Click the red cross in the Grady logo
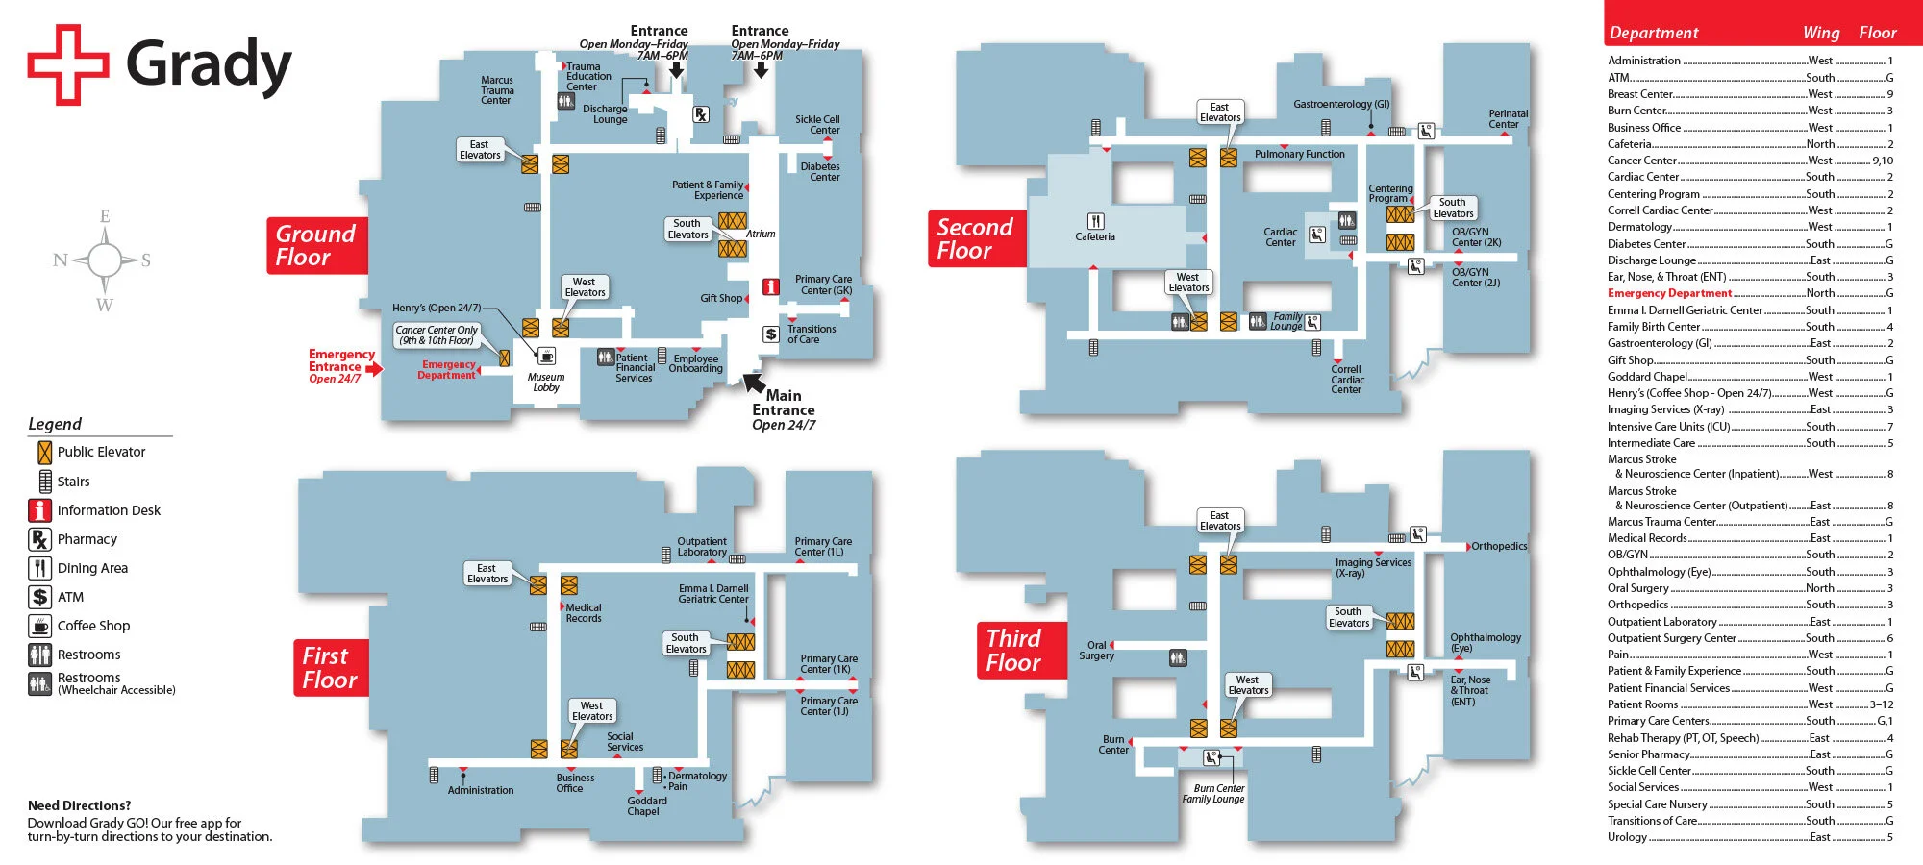coord(67,64)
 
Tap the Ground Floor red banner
coord(316,246)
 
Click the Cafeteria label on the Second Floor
coord(1095,236)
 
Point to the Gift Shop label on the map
coord(721,298)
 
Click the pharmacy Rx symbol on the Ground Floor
coord(701,114)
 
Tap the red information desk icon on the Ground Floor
coord(770,286)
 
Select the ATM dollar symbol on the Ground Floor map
coord(770,334)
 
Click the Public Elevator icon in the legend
coord(44,452)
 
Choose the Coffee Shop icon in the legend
coord(39,626)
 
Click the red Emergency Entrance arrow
coord(374,368)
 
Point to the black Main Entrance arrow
coord(754,383)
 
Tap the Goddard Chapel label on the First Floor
coord(646,806)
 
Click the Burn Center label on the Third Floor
coord(1113,745)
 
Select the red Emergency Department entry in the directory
coord(1669,293)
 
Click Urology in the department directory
coord(1627,837)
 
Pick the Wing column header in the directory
coord(1820,33)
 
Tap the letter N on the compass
coord(61,259)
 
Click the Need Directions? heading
coord(79,805)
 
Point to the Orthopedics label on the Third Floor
coord(1499,546)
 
